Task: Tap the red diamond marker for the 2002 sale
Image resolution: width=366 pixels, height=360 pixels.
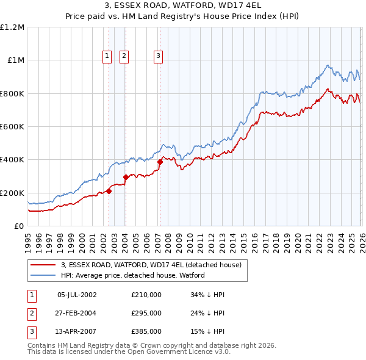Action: (x=109, y=191)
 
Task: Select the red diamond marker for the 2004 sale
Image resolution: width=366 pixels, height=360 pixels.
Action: (x=126, y=177)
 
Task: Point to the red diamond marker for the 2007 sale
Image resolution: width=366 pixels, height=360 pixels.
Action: (x=160, y=162)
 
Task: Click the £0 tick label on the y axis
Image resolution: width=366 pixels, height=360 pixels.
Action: (x=18, y=226)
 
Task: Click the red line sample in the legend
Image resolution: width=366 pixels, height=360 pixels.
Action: (x=42, y=265)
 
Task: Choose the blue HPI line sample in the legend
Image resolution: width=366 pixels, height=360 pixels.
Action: (x=42, y=275)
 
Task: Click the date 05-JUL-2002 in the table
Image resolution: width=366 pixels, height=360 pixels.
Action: (x=77, y=295)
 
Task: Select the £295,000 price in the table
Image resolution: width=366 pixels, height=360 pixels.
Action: (x=146, y=313)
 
